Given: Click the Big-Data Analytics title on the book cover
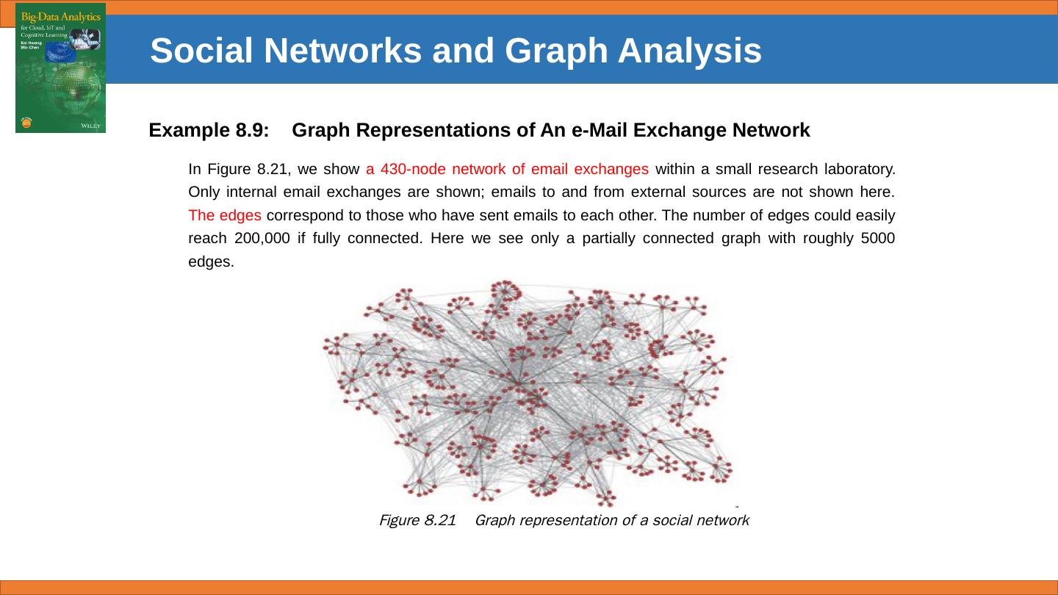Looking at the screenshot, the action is (x=60, y=17).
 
